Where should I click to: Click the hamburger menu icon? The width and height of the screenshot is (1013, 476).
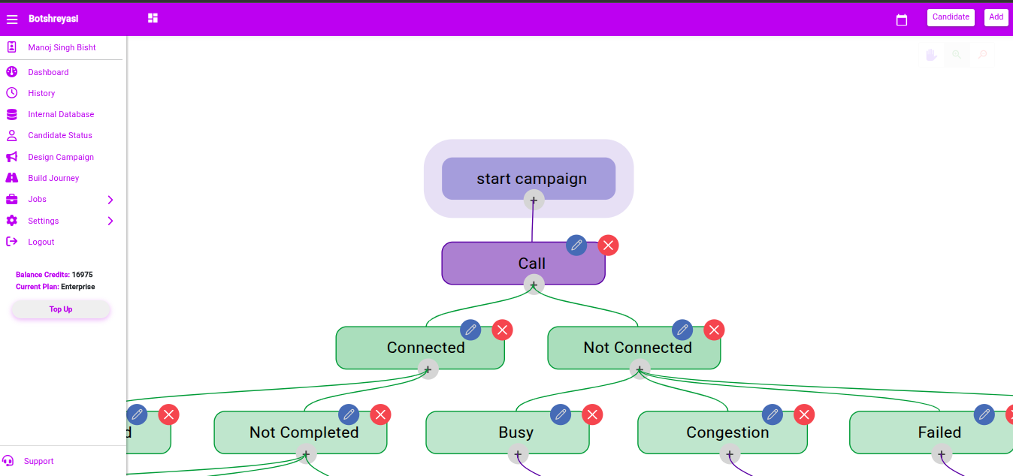12,19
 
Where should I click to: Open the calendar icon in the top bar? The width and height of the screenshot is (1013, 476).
901,20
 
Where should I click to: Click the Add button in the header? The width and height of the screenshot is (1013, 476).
996,17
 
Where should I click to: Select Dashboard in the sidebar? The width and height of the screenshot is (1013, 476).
48,72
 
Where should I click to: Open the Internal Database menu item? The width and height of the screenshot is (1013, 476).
61,114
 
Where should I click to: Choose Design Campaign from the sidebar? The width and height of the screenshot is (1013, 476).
61,157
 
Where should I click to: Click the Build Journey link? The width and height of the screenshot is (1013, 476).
53,178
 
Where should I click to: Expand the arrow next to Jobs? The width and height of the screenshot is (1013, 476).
110,200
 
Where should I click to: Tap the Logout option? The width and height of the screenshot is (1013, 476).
41,242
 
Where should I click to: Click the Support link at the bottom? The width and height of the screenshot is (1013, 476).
38,461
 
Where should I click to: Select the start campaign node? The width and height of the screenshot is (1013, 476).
528,179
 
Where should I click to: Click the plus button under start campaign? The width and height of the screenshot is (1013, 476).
534,200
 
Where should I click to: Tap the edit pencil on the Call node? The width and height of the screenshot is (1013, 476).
576,246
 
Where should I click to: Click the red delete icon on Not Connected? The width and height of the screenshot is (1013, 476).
714,330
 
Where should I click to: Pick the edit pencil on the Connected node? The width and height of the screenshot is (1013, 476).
470,330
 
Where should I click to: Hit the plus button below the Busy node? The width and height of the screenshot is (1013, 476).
518,454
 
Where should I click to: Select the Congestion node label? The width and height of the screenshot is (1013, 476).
727,432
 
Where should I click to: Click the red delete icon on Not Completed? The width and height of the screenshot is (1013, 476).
380,414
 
